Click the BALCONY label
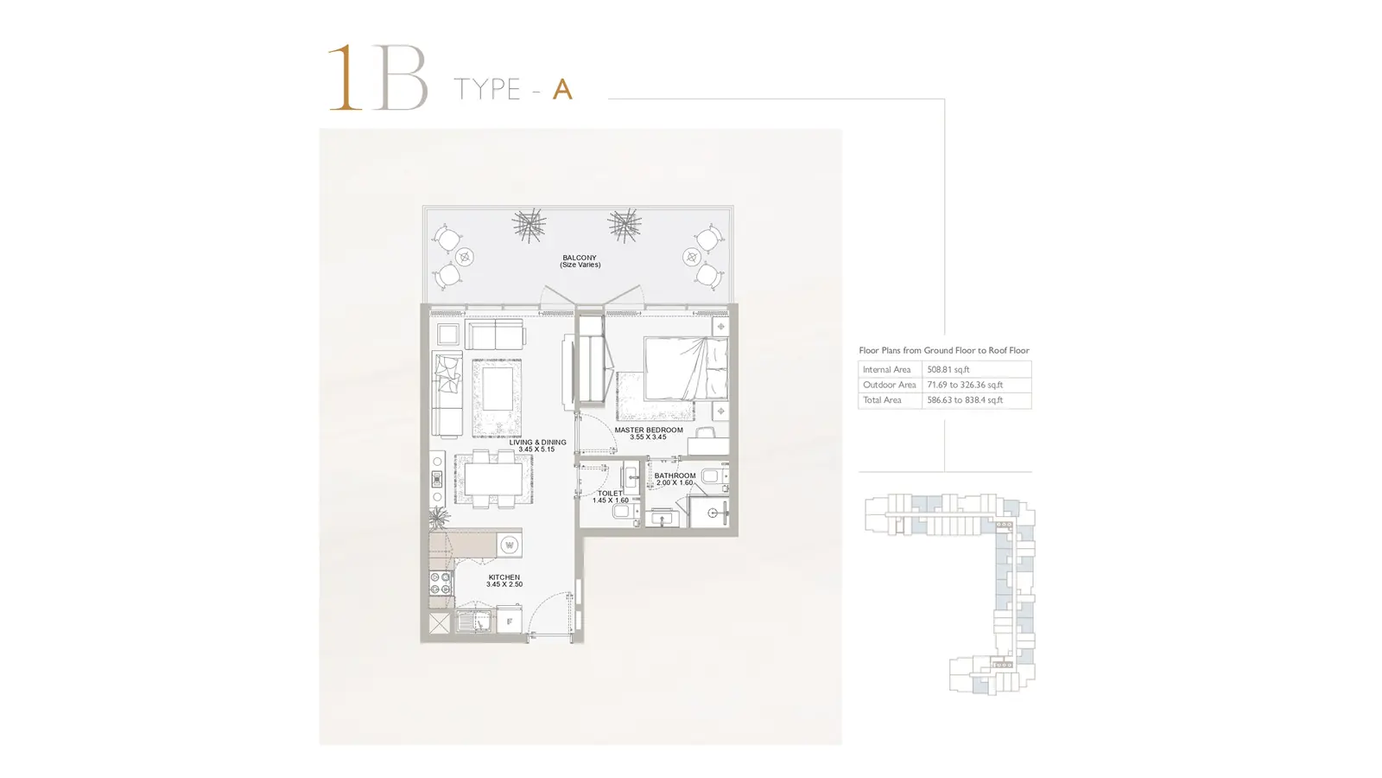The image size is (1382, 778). click(580, 258)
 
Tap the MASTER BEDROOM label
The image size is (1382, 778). click(649, 430)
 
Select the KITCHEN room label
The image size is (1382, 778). click(504, 577)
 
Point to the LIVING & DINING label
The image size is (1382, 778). click(537, 442)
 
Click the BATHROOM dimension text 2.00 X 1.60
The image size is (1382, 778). click(675, 483)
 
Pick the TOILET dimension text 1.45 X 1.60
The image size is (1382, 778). click(610, 501)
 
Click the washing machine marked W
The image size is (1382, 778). click(509, 545)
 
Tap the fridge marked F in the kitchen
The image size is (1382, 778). click(509, 622)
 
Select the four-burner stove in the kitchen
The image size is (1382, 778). click(441, 583)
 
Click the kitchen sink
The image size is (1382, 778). click(474, 622)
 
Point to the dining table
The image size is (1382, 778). click(493, 479)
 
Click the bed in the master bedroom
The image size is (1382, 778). click(686, 368)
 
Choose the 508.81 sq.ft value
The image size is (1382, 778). click(948, 369)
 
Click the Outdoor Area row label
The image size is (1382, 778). click(889, 385)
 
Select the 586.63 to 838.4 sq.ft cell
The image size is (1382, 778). click(965, 400)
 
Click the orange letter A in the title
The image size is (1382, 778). click(562, 90)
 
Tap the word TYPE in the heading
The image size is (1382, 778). click(487, 90)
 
